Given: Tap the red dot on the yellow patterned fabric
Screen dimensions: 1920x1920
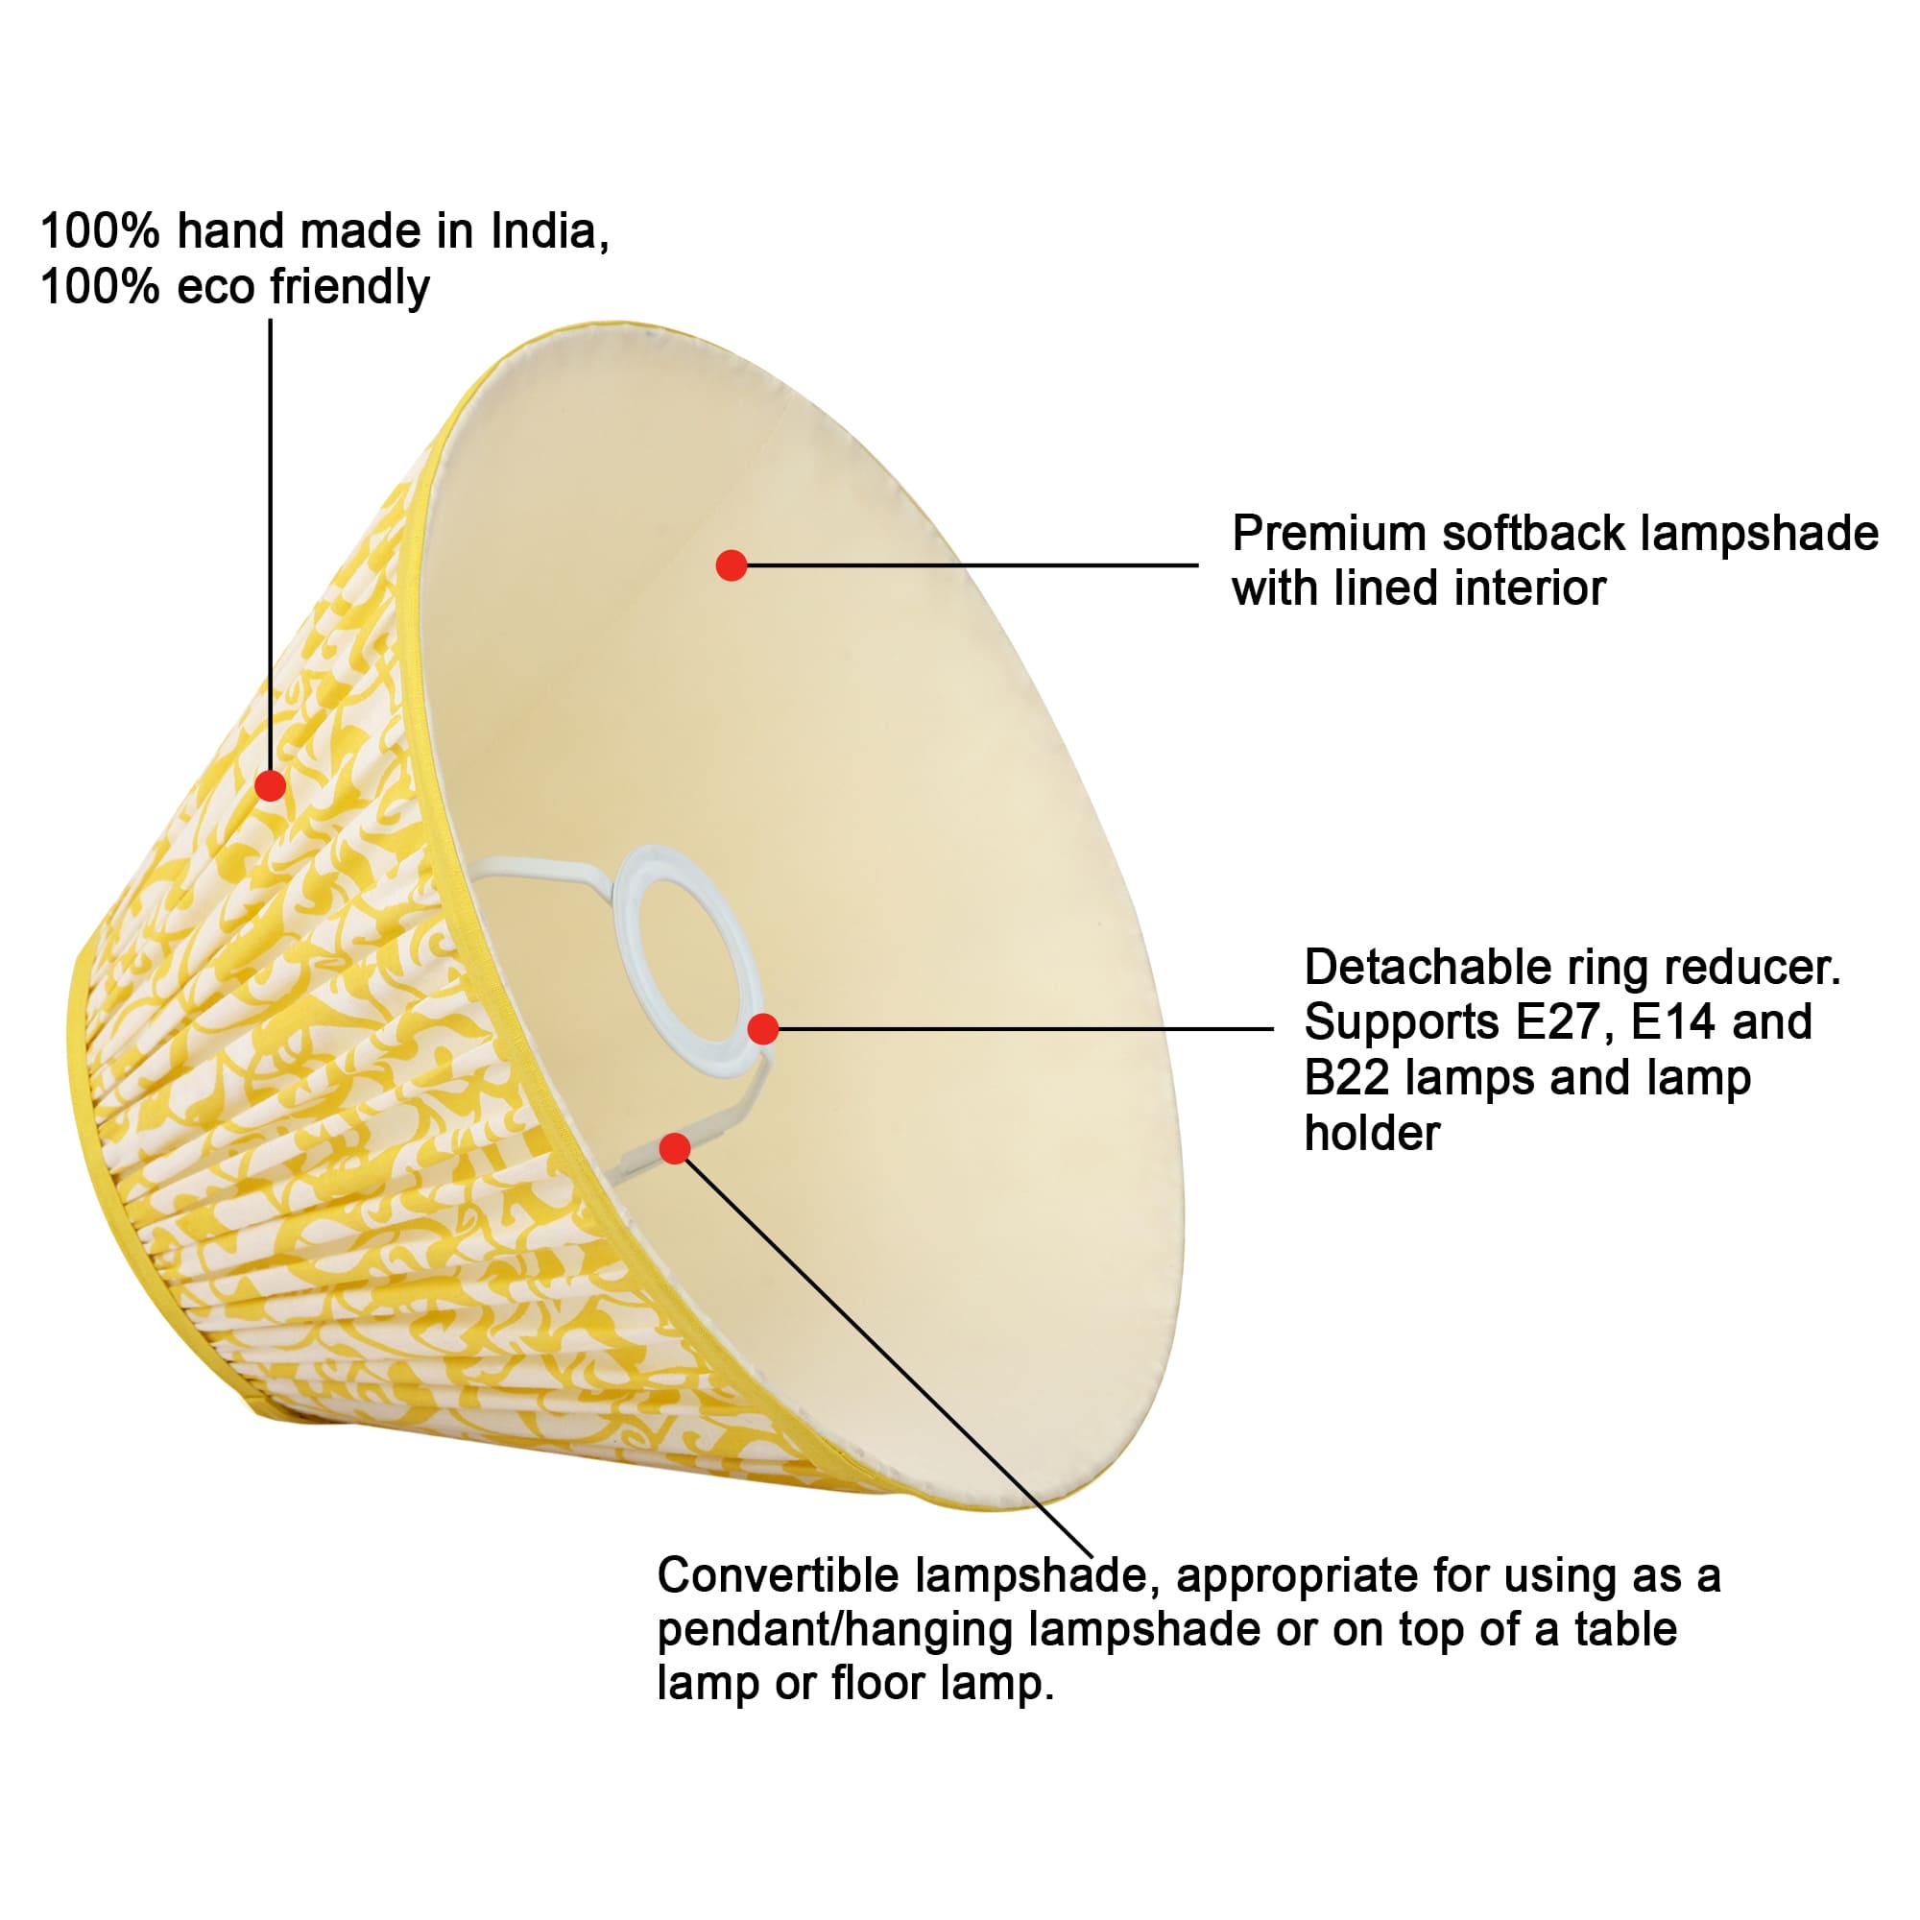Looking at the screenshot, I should [x=271, y=785].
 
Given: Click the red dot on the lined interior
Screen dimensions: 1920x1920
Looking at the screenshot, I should [x=732, y=565].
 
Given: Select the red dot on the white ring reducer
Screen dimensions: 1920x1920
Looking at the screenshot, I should [x=762, y=1028].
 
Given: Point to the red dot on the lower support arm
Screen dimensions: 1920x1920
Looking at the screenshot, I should [x=675, y=1149].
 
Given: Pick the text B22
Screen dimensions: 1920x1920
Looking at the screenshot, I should [x=1347, y=1077].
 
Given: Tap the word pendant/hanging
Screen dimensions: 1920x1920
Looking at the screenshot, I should [x=836, y=1630].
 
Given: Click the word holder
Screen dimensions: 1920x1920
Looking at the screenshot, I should [x=1372, y=1133].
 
